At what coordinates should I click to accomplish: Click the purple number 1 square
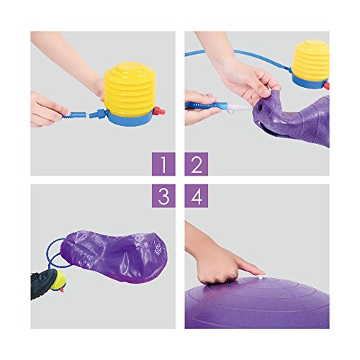click(163, 164)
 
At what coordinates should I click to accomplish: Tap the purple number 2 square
click(197, 164)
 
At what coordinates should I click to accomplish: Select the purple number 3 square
click(163, 196)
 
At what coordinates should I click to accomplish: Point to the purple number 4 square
click(197, 196)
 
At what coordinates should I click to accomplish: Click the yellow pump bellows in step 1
click(130, 89)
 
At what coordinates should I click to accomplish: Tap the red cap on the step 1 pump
click(159, 112)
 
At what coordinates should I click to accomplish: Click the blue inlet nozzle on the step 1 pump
click(98, 113)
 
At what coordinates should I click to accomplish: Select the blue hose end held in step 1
click(74, 114)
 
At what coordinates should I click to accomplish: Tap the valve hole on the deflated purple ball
click(259, 108)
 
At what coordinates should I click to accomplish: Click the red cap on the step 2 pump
click(326, 86)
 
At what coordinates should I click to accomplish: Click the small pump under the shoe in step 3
click(59, 281)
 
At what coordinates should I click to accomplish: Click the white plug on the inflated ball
click(260, 277)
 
